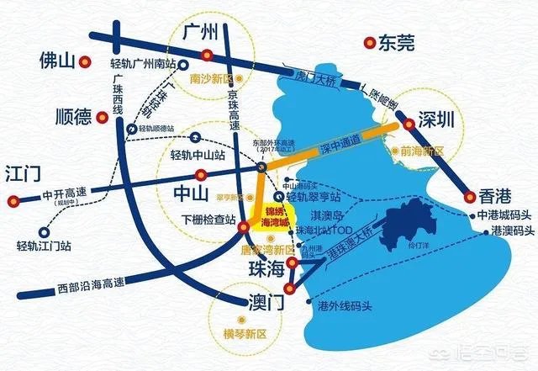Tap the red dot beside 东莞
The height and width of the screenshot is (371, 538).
coord(367,41)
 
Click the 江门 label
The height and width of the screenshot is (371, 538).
coord(24,173)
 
